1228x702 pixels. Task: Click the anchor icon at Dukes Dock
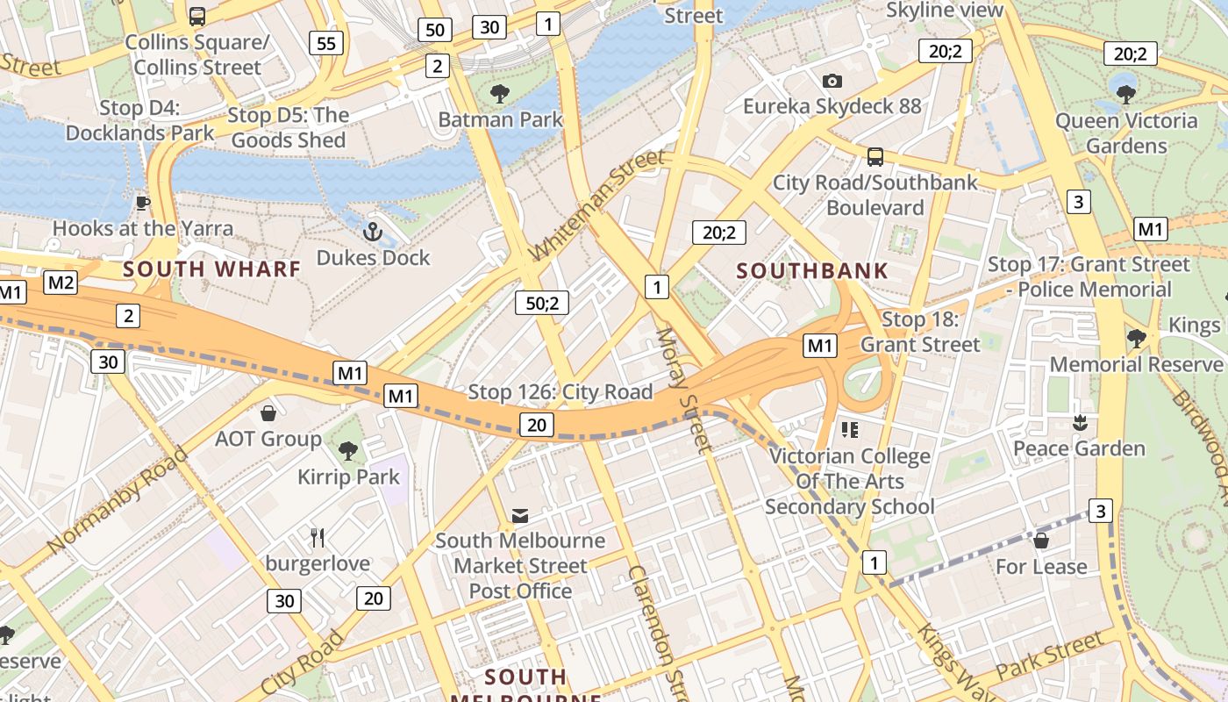[374, 232]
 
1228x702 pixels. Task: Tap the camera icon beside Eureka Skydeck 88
[832, 81]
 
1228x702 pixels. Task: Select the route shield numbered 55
[325, 43]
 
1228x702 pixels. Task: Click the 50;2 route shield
[542, 303]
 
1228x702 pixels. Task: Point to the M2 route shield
[61, 283]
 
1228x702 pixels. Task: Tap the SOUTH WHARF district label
[212, 269]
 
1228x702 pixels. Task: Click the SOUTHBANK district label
[812, 270]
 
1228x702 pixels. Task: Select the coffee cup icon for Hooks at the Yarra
[143, 204]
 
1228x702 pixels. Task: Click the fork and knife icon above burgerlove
[318, 537]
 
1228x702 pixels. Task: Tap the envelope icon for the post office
[520, 515]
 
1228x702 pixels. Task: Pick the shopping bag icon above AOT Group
[268, 412]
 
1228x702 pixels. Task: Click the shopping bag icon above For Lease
[1041, 541]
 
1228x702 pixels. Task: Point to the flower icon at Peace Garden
[1080, 423]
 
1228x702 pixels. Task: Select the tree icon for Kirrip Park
[348, 451]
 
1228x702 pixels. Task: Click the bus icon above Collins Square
[197, 16]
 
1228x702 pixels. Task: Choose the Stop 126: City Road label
[560, 391]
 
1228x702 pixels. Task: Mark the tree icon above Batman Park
[500, 93]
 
